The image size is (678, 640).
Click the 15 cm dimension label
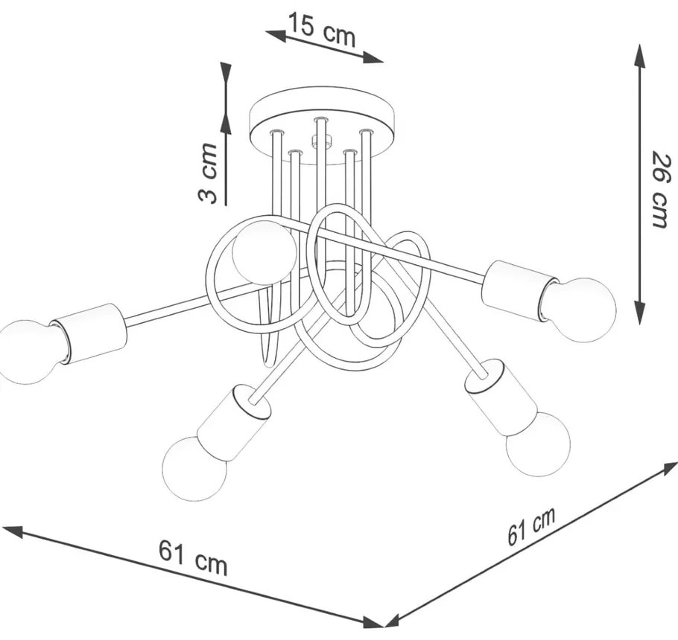[x=321, y=30]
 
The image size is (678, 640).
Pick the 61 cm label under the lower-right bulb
[x=531, y=526]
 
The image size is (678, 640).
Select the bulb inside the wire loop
[x=264, y=252]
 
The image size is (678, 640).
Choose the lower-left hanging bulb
[x=194, y=469]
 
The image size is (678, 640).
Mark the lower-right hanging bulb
[x=537, y=444]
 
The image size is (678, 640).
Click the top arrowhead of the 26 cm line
[x=639, y=55]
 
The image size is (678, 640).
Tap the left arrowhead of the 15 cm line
[x=276, y=36]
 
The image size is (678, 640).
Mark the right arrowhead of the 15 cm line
[x=373, y=58]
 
